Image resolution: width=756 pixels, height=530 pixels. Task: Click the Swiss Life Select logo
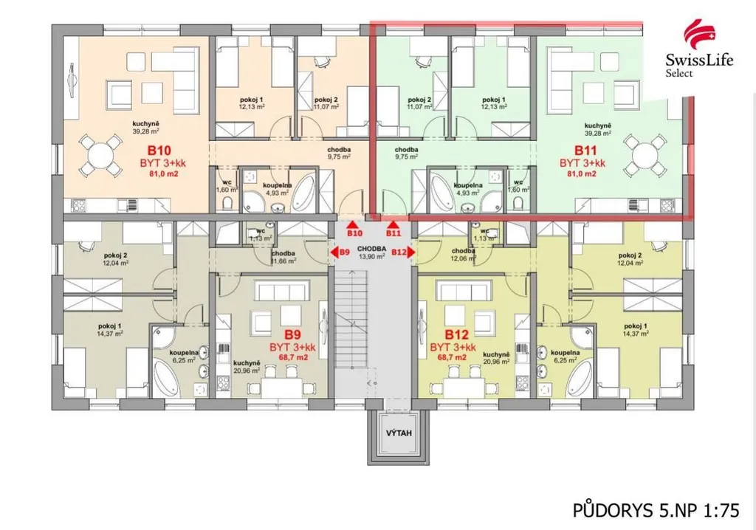[x=699, y=48]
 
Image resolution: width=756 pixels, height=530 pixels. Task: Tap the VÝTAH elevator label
[x=399, y=433]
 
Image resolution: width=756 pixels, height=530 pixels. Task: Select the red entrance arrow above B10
[x=354, y=224]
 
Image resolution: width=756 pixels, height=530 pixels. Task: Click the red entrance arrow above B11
[x=394, y=224]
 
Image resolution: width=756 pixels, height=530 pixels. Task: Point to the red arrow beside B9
[x=334, y=252]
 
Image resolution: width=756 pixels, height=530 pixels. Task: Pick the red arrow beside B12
[x=411, y=252]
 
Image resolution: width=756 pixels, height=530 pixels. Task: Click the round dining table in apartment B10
[x=100, y=155]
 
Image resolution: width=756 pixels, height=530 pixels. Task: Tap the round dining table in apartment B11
[x=645, y=155]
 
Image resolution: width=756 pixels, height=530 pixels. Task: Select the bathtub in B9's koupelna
[x=166, y=381]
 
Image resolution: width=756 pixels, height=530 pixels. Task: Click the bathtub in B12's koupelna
[x=580, y=381]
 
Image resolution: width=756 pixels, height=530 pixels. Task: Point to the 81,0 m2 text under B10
[x=163, y=173]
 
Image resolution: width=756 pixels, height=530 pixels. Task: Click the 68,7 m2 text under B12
[x=452, y=357]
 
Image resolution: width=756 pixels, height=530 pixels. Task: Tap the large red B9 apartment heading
[x=292, y=334]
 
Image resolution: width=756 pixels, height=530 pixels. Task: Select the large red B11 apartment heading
[x=585, y=150]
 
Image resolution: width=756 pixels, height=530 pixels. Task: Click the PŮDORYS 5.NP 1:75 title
[x=656, y=510]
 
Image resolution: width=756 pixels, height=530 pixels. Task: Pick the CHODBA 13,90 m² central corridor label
[x=371, y=252]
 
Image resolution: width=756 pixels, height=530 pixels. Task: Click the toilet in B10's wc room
[x=227, y=205]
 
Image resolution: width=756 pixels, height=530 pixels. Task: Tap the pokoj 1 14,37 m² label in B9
[x=110, y=330]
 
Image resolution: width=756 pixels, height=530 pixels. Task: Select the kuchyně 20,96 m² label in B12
[x=496, y=358]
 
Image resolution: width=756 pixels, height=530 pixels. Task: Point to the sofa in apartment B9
[x=281, y=292]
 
